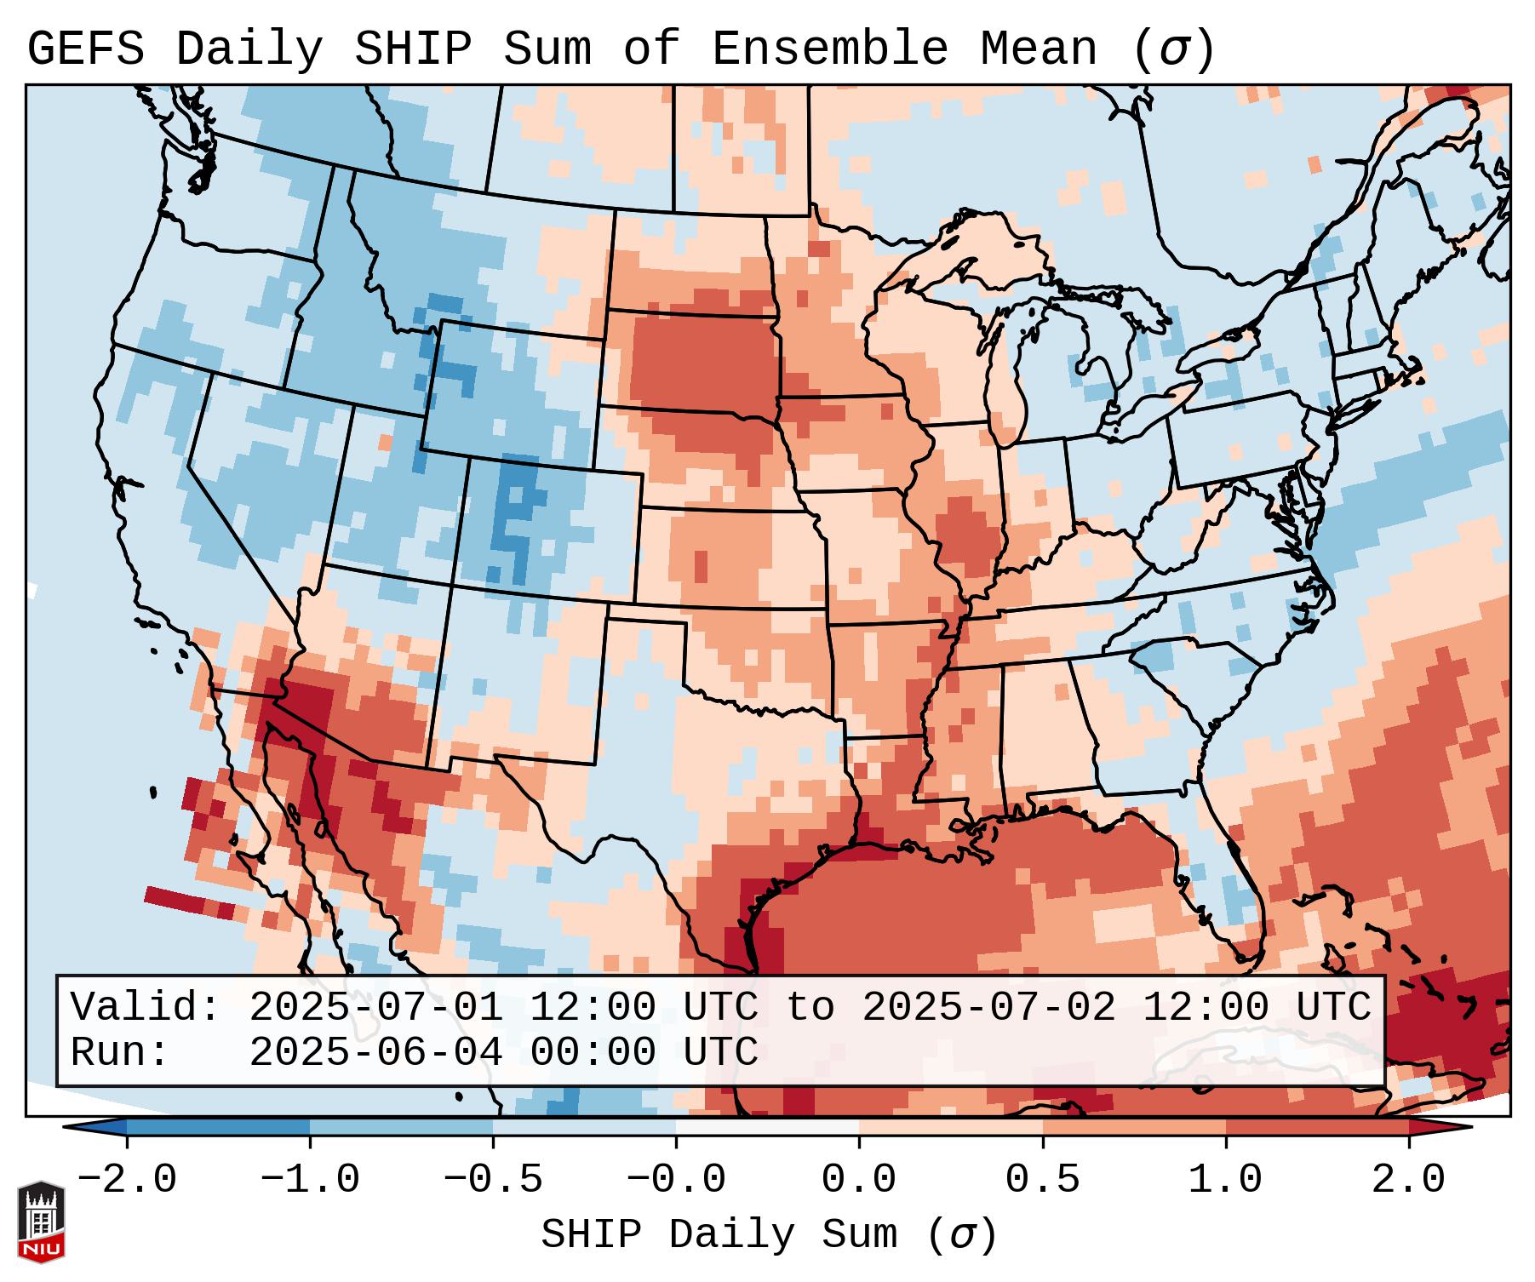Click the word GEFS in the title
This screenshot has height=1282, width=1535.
(x=85, y=49)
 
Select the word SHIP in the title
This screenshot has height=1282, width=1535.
(x=412, y=49)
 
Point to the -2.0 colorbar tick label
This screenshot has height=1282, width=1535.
(x=127, y=1180)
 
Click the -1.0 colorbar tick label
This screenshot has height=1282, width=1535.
(x=310, y=1180)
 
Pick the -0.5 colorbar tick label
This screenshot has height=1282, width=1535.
(x=493, y=1180)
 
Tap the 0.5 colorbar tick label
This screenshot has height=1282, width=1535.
(x=1043, y=1180)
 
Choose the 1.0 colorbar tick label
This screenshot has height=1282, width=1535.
(x=1226, y=1180)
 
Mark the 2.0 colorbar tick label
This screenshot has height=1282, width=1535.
(x=1409, y=1180)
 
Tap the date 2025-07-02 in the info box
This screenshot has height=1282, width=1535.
(x=988, y=1007)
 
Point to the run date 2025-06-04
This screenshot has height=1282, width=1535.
(x=375, y=1052)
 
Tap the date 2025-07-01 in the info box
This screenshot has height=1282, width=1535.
(x=375, y=1007)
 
